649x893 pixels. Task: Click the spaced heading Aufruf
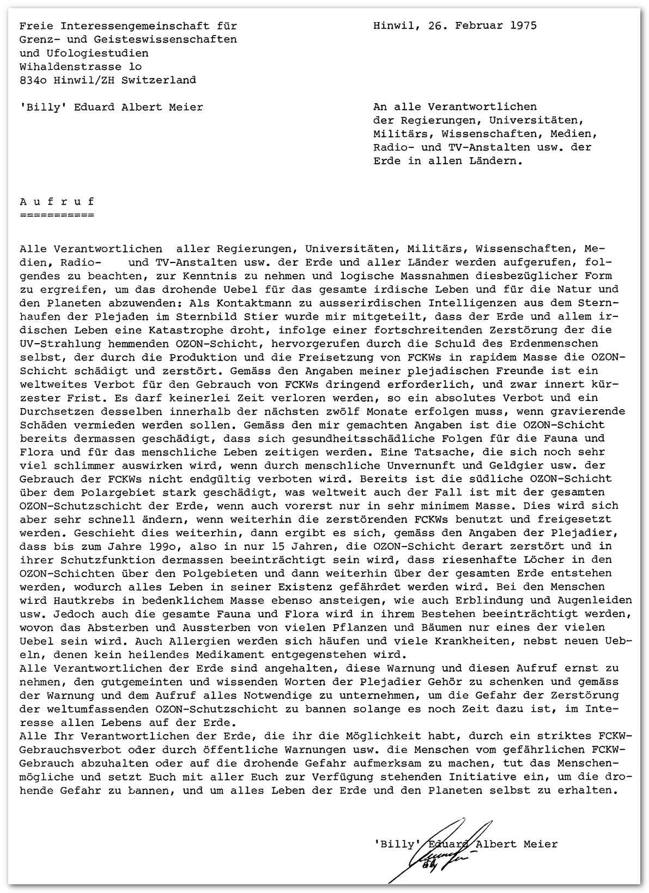pos(57,201)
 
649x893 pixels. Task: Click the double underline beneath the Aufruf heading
pos(57,215)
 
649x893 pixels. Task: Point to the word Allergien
pos(191,641)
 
